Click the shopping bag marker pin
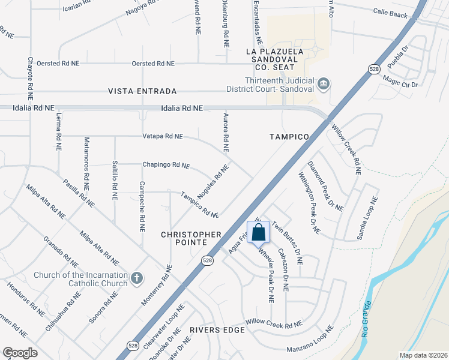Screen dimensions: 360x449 tap(259, 233)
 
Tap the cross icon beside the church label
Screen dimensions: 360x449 tap(137, 277)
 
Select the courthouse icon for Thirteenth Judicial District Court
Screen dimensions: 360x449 tap(324, 83)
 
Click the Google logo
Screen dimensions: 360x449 tap(20, 353)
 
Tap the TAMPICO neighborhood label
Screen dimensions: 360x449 tap(289, 137)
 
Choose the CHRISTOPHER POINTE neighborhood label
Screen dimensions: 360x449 tap(191, 238)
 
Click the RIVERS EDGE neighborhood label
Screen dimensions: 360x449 tap(217, 330)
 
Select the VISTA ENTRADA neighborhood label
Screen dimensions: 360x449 tap(142, 91)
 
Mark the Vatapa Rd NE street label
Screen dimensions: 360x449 tap(162, 136)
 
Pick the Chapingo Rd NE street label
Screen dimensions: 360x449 tap(166, 164)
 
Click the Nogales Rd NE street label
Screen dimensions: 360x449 tap(214, 184)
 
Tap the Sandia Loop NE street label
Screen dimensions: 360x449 tap(367, 218)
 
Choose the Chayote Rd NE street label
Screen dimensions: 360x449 tap(29, 78)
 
